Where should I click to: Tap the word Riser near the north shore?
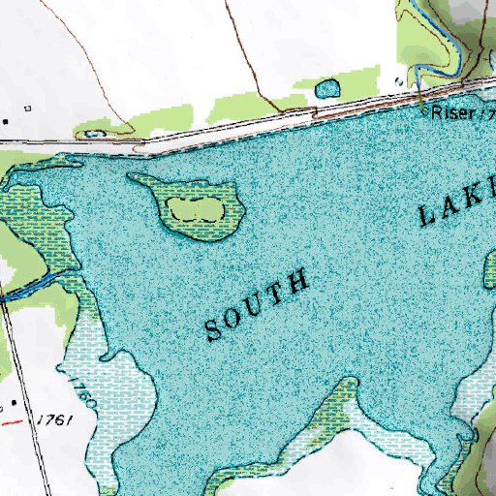click(x=453, y=114)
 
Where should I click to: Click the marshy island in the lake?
click(x=190, y=205)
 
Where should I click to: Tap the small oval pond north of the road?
click(x=328, y=89)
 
